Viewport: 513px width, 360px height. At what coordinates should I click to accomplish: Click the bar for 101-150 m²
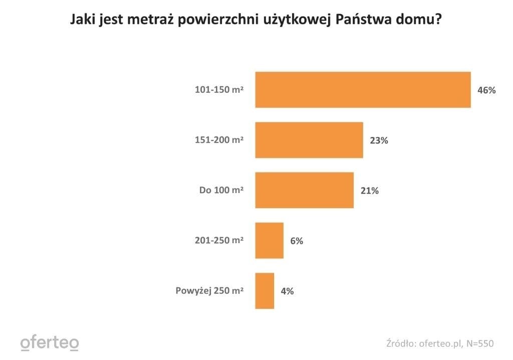coord(363,90)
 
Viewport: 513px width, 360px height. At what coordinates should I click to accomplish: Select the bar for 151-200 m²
coord(309,140)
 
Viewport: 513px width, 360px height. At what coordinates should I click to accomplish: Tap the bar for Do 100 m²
coord(304,190)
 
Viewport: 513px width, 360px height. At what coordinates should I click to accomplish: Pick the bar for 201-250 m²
coord(269,240)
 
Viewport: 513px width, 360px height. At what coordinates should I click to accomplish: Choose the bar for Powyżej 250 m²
coord(265,291)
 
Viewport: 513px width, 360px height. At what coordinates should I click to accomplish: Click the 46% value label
coord(486,90)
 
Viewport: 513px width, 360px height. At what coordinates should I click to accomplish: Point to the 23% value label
coord(379,140)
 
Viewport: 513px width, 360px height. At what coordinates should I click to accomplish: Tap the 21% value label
coord(369,191)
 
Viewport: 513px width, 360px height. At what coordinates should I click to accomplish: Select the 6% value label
coord(297,241)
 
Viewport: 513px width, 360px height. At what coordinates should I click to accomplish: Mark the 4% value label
coord(287,291)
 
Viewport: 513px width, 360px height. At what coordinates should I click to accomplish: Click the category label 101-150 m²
coord(219,90)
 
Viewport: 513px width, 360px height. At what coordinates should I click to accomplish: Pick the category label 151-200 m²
coord(219,140)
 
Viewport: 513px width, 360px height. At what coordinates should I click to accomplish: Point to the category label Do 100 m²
coord(221,191)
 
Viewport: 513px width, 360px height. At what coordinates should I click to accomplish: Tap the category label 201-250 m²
coord(219,241)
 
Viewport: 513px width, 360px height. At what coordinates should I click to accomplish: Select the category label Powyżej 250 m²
coord(209,291)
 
